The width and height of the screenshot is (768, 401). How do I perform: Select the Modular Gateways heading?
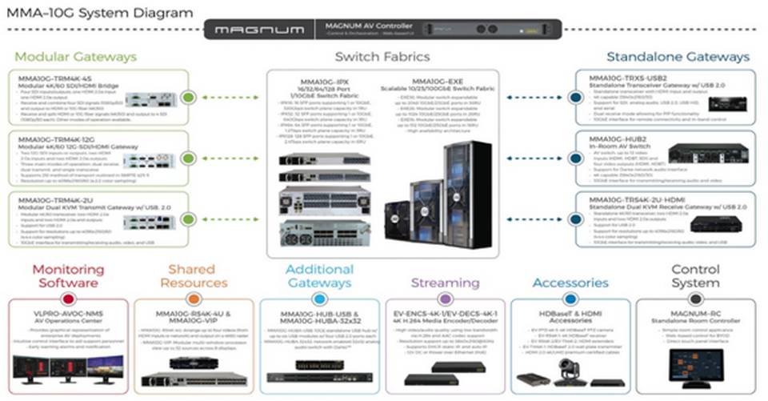point(76,57)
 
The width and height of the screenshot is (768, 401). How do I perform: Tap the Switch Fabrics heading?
point(382,57)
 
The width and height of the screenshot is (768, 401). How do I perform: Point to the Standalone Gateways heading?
point(678,57)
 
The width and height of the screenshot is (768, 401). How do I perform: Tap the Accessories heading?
point(570,283)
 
